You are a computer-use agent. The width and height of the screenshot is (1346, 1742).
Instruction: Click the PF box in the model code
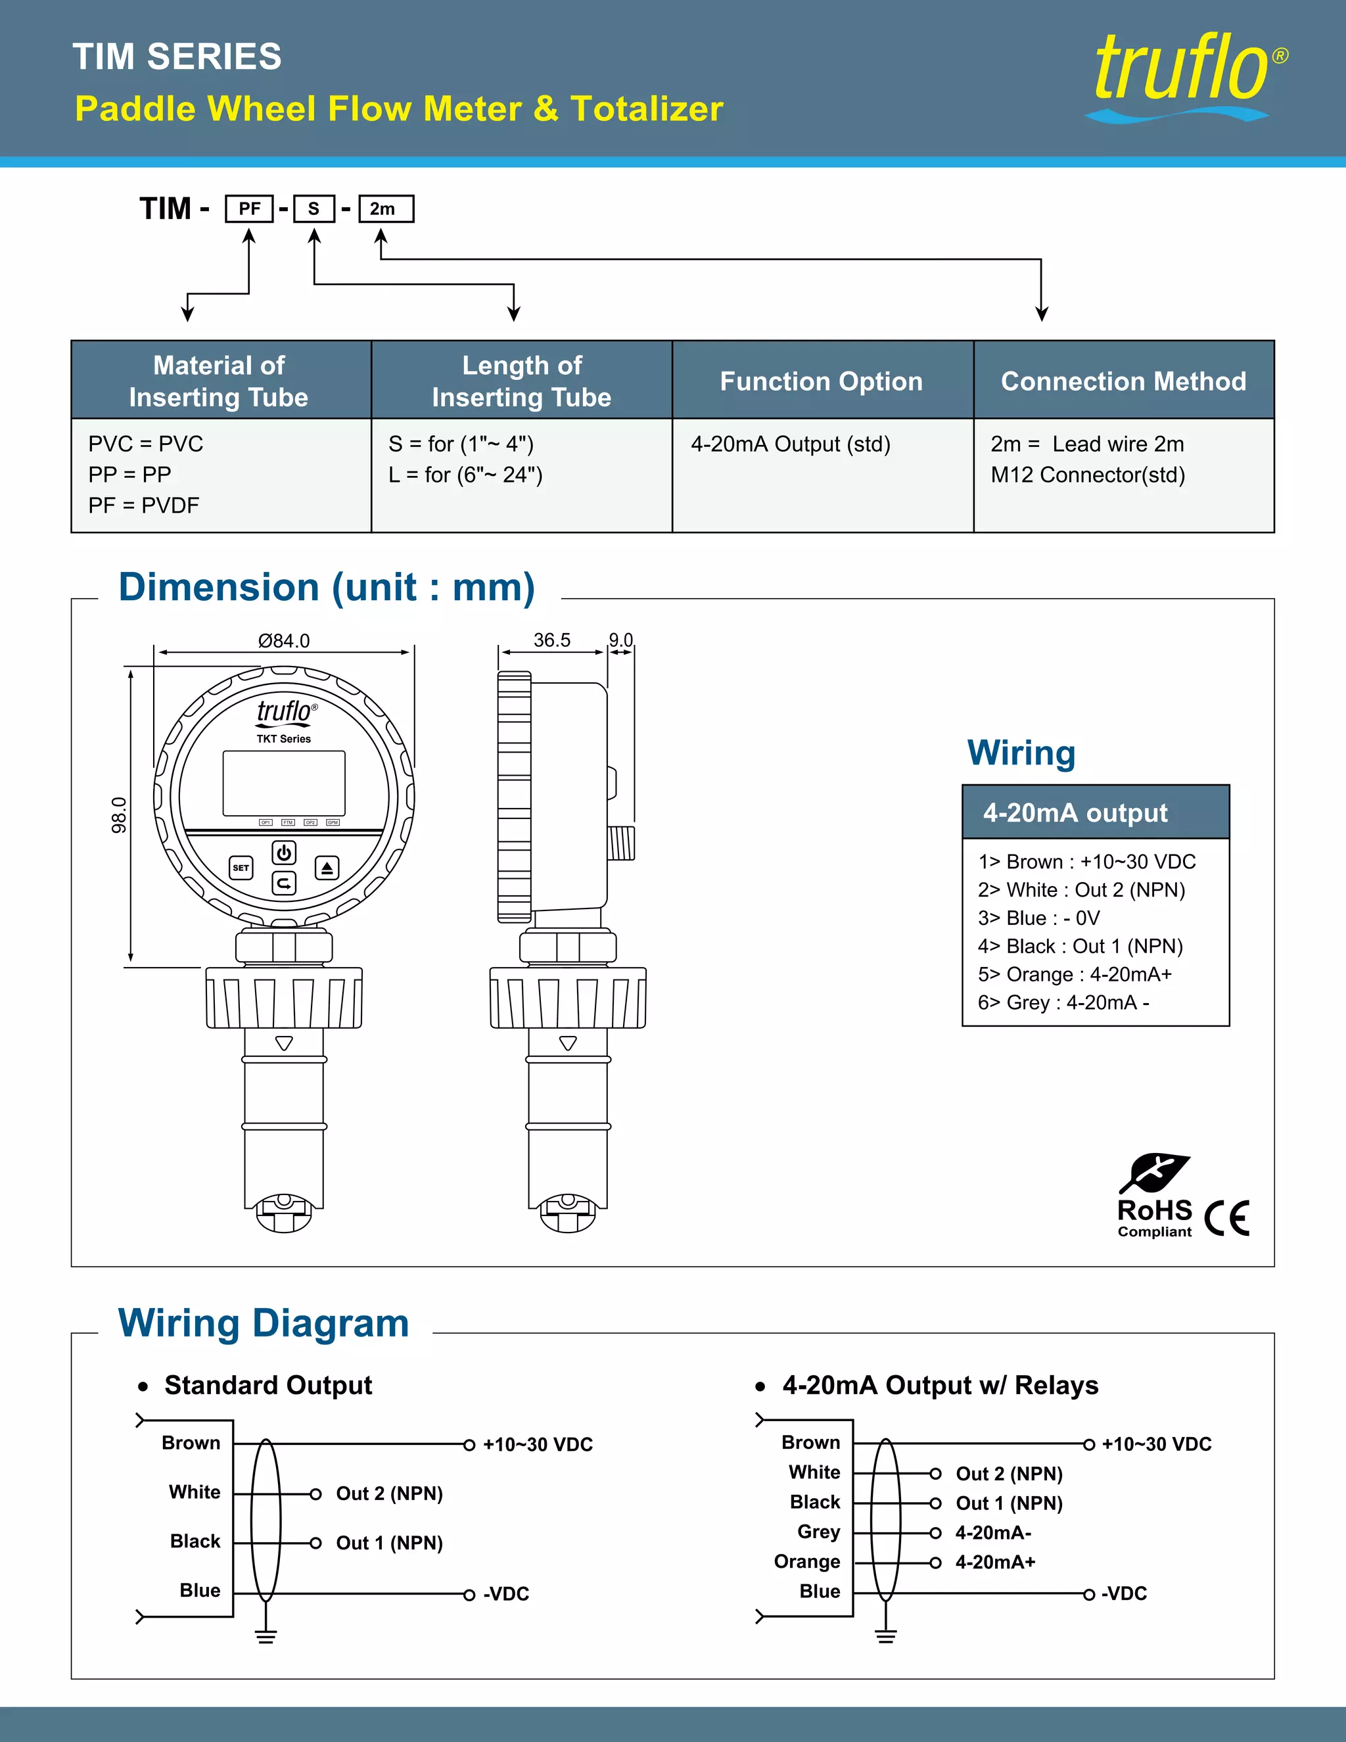pos(249,208)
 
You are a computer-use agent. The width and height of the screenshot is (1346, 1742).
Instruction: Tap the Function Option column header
pos(822,381)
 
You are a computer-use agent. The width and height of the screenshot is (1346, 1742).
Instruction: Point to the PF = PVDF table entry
pos(143,505)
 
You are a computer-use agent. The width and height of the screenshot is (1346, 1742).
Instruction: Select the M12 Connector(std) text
pos(1087,475)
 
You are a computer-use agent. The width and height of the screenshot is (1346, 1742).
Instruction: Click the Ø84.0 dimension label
pos(284,640)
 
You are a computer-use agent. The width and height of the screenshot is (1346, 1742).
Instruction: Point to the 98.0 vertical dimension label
pos(119,814)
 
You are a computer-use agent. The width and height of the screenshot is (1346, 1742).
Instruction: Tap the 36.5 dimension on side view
pos(552,640)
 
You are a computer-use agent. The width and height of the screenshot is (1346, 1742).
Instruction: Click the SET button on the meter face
pos(241,867)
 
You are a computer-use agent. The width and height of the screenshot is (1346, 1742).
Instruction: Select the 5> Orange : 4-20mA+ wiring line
pos(1074,974)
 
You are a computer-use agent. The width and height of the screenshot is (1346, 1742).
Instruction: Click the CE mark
pos(1226,1218)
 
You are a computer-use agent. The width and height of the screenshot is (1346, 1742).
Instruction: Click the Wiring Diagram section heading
pos(263,1323)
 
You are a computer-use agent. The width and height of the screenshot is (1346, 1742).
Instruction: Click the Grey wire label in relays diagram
pos(818,1532)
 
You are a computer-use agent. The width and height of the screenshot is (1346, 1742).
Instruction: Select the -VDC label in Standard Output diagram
pos(505,1593)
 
